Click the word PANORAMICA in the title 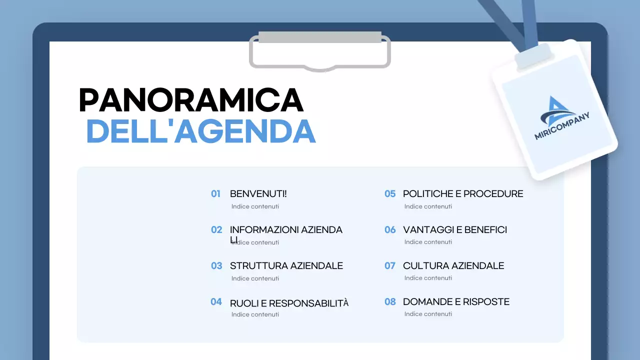[191, 100]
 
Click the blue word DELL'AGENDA [201, 131]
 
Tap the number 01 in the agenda [215, 194]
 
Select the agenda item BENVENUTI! [258, 194]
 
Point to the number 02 [216, 230]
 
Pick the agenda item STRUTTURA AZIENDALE [286, 266]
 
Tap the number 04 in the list [216, 302]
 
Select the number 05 [389, 194]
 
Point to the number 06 [389, 230]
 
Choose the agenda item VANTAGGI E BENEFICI [454, 230]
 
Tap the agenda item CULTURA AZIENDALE [453, 266]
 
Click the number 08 [389, 302]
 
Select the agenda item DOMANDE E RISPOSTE [456, 302]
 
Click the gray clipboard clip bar [320, 37]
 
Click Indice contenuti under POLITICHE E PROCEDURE [428, 206]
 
